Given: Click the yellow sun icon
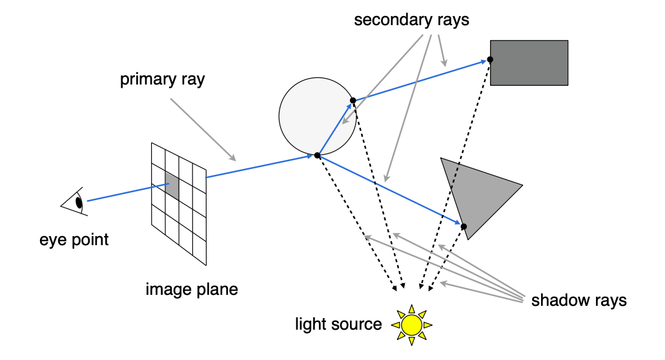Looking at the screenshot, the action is (411, 325).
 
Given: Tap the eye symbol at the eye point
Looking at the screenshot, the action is (75, 202).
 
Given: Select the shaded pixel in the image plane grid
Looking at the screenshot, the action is (172, 186).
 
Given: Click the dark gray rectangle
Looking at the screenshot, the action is (529, 63).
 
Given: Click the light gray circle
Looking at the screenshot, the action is (317, 116).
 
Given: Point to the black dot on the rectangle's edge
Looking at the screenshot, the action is (490, 60).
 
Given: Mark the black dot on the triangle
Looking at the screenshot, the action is (464, 226).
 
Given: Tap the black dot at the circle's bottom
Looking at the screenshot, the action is (317, 155).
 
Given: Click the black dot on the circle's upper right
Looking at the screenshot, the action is (353, 101).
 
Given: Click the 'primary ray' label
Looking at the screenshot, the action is (163, 79).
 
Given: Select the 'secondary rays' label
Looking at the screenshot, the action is (411, 20).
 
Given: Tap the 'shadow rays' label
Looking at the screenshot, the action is (579, 300).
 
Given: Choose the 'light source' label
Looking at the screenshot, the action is (338, 324).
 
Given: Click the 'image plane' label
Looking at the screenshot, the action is (192, 289).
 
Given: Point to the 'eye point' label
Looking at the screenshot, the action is (74, 239).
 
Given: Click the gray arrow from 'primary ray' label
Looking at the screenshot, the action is (203, 130).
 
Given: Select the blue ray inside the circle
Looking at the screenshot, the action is (335, 128).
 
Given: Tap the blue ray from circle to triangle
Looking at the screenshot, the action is (390, 190).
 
